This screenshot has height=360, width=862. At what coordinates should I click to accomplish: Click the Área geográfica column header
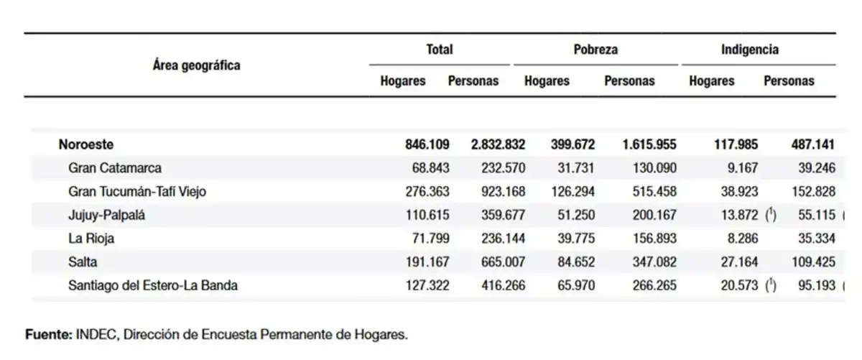click(x=196, y=65)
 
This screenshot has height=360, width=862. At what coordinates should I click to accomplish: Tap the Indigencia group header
click(x=750, y=50)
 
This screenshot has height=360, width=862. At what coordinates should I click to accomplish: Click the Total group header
click(x=439, y=50)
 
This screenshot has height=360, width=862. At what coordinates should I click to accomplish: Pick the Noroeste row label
click(x=87, y=144)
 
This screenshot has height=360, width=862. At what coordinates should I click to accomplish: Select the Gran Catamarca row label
click(x=115, y=168)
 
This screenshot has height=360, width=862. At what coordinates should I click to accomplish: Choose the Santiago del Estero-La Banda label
click(x=152, y=285)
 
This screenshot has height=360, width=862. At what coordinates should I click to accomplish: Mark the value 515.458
click(x=651, y=191)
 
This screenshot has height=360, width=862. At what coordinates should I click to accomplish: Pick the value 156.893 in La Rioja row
click(x=651, y=239)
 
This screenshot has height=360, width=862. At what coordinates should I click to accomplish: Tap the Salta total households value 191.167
click(x=428, y=262)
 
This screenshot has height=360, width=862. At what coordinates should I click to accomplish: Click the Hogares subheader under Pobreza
click(x=547, y=81)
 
